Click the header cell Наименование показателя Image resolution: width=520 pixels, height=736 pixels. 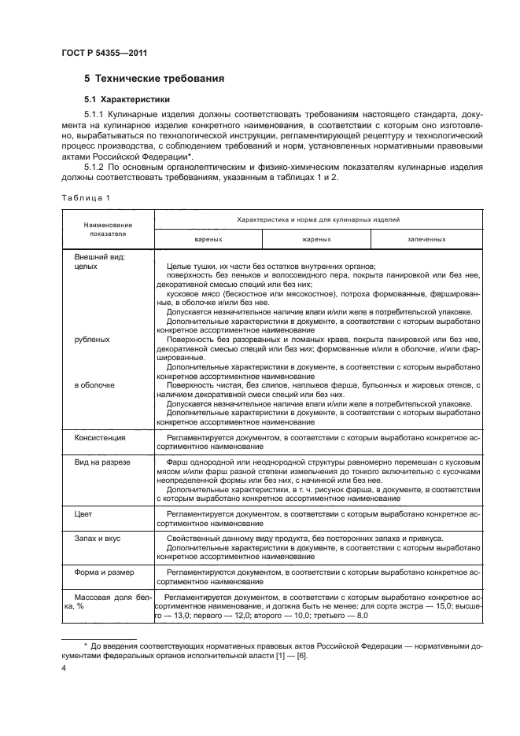click(107, 229)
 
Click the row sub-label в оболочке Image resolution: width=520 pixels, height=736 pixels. click(94, 385)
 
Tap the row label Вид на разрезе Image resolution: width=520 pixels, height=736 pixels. click(101, 462)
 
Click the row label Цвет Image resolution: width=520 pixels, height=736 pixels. click(83, 513)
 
